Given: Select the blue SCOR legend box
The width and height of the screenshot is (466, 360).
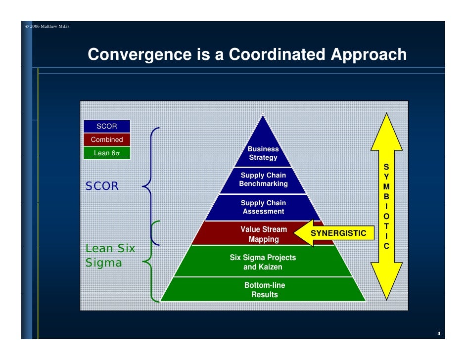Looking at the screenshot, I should tap(107, 126).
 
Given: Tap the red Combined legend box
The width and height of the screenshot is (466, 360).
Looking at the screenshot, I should tap(107, 139).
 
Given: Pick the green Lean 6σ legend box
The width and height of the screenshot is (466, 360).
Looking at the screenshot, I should tap(107, 153).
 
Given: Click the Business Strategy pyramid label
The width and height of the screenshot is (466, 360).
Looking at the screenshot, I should tap(263, 153).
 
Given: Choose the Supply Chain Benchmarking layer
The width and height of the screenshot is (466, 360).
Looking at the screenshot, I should tap(263, 180).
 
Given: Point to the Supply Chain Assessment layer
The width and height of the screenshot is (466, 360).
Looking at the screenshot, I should tap(263, 207).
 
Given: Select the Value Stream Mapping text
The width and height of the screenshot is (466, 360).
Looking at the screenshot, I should tap(263, 234).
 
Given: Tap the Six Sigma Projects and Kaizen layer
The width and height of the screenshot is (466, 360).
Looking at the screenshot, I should tap(263, 262).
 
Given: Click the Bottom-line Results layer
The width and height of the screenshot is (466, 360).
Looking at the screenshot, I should tap(264, 290).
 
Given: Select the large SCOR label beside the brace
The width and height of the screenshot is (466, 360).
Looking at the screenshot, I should tap(102, 186).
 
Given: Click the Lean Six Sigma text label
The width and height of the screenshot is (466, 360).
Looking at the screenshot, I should tap(110, 256).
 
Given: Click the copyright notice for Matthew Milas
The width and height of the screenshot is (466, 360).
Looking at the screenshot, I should tap(47, 26).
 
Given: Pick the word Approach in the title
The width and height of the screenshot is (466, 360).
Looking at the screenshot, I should tap(368, 54).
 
